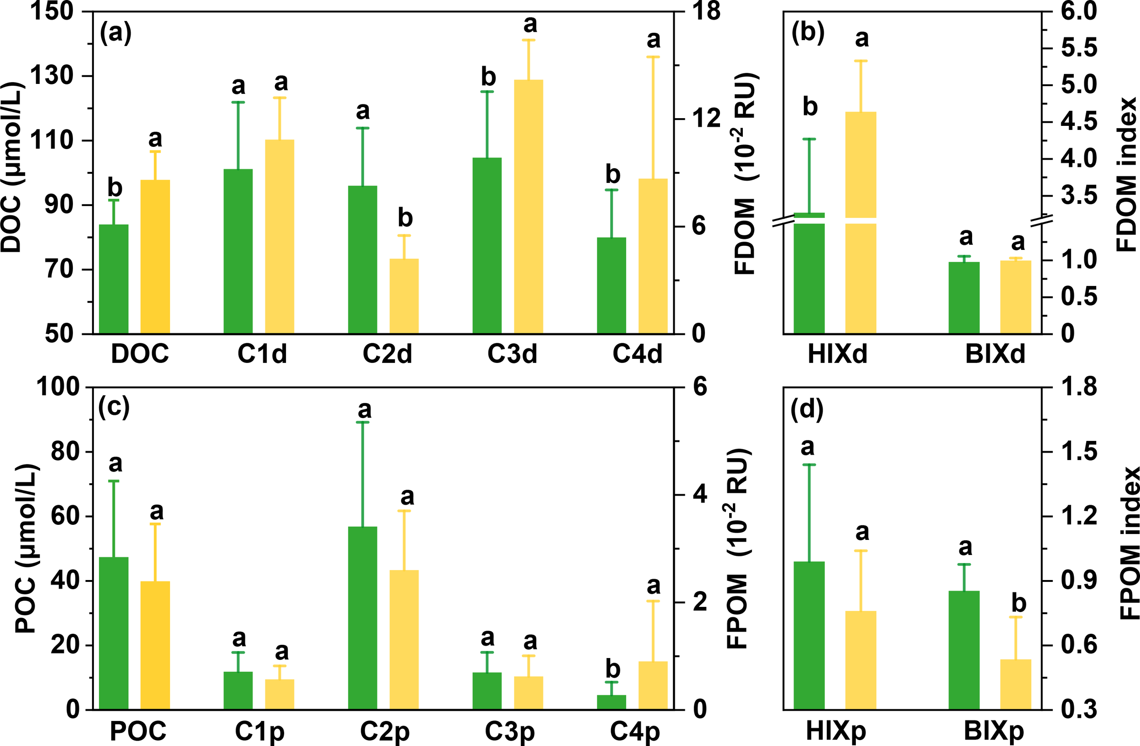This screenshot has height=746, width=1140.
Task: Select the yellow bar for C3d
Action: coord(529,206)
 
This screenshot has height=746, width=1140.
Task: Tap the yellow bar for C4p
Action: coord(653,685)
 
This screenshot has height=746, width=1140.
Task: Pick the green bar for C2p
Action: coord(363,617)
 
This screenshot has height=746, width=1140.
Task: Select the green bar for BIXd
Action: coord(964,297)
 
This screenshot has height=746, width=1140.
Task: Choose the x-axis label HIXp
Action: coord(836,731)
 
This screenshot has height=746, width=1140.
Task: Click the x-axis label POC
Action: coord(138,731)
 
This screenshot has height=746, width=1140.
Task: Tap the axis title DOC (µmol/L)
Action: coord(11,168)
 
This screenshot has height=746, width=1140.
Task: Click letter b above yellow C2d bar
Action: coord(405,218)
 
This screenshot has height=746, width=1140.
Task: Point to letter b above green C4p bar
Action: coord(612,669)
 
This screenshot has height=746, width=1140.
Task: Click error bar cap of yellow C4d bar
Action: coord(653,57)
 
